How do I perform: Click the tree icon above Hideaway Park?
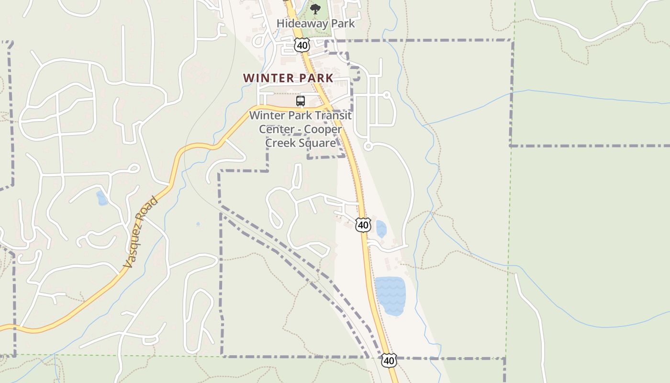pyautogui.click(x=315, y=9)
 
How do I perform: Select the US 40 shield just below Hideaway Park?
pyautogui.click(x=302, y=45)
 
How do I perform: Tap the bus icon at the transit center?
pyautogui.click(x=301, y=101)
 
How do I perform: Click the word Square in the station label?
pyautogui.click(x=316, y=143)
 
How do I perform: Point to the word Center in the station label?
pyautogui.click(x=275, y=129)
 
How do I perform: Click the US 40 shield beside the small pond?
pyautogui.click(x=363, y=225)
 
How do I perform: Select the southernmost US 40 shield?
pyautogui.click(x=389, y=360)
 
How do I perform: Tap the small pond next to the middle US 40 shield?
pyautogui.click(x=381, y=229)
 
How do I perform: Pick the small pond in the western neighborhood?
pyautogui.click(x=102, y=198)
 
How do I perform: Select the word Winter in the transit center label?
pyautogui.click(x=265, y=115)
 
